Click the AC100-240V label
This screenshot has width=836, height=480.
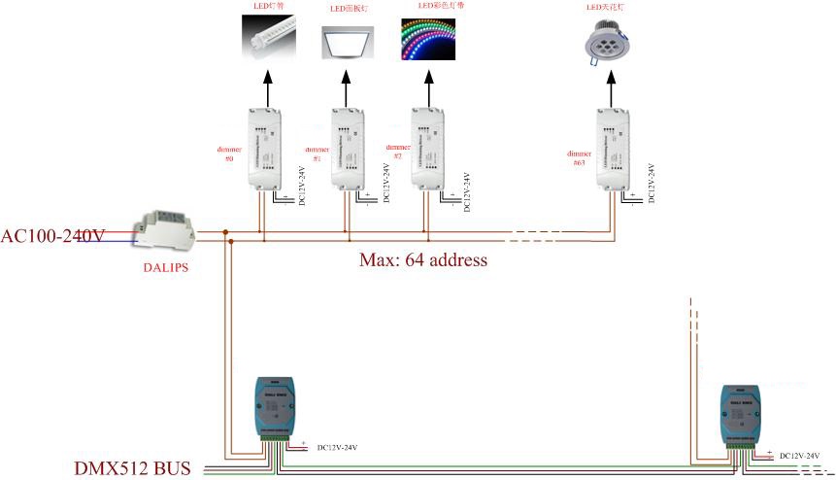52,235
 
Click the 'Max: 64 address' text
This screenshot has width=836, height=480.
422,260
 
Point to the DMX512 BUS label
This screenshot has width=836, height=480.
132,468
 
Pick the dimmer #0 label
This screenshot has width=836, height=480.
228,156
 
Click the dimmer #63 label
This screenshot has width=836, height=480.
580,157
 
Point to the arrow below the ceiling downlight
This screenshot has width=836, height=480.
613,86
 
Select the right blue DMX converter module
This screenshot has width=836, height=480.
740,416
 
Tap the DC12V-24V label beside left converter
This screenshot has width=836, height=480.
337,448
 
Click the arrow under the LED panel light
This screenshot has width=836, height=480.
347,86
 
